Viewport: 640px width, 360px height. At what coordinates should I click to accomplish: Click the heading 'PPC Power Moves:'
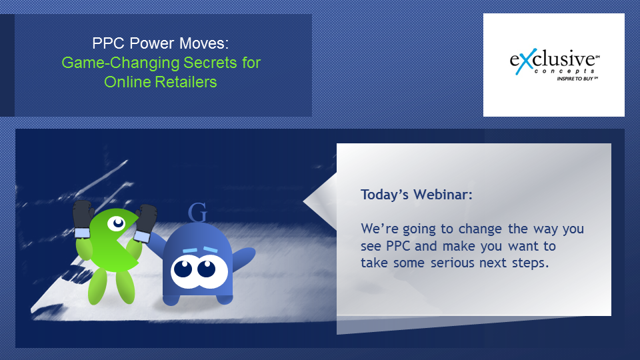[161, 43]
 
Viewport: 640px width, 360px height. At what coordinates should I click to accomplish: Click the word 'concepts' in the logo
[564, 71]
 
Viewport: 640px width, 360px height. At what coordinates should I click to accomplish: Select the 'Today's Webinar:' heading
[416, 195]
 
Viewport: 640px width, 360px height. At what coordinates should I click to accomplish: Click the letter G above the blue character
[197, 213]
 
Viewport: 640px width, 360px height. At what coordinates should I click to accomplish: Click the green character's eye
[117, 223]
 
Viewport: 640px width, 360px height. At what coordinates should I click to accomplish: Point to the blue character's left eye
[183, 269]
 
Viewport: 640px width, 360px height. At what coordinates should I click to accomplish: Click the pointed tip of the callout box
[304, 201]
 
